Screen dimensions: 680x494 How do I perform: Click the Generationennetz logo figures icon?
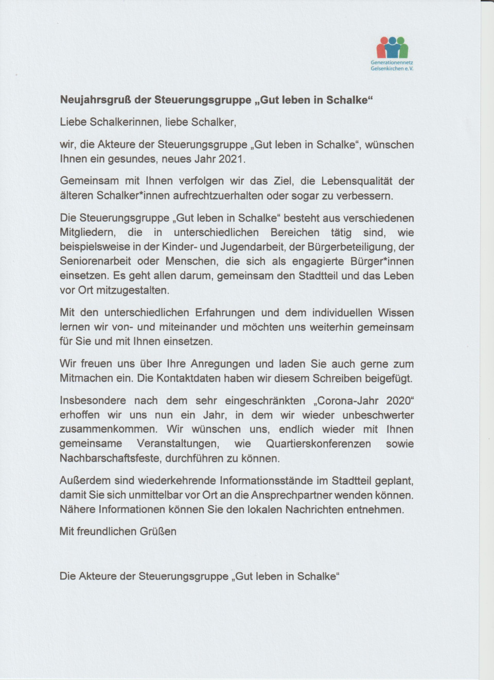pos(392,48)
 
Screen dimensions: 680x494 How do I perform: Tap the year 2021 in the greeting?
pos(232,159)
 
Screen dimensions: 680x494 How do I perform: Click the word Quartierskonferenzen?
pos(318,444)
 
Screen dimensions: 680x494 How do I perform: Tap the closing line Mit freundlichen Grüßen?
pos(118,532)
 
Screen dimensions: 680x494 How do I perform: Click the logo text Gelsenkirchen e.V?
pos(392,68)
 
